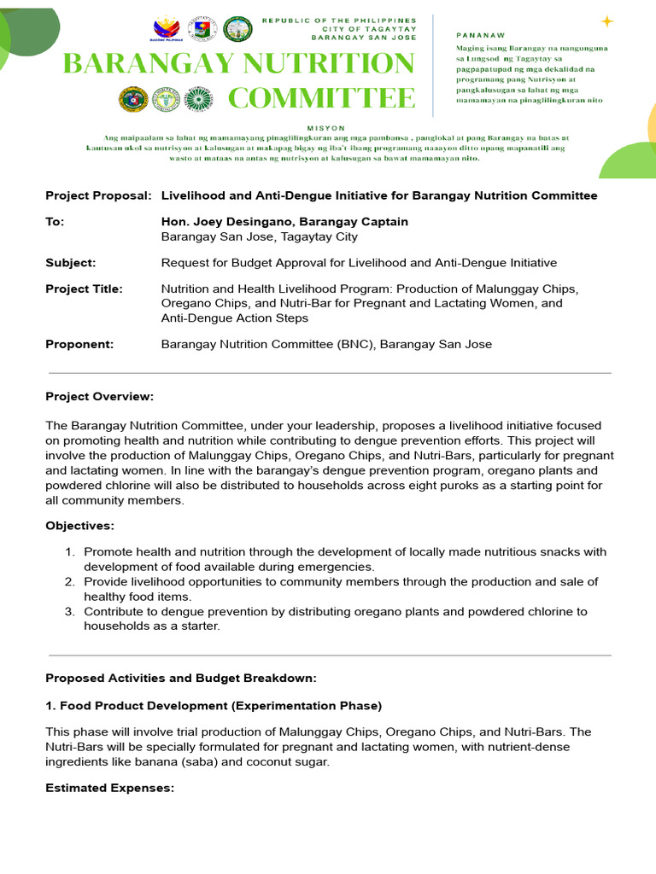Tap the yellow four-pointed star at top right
tap(607, 21)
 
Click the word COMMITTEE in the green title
tap(321, 98)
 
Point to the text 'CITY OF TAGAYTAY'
tap(364, 29)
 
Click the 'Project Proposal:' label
tap(98, 195)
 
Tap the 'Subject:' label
tap(70, 263)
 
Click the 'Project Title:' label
tap(84, 288)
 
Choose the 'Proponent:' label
tap(79, 344)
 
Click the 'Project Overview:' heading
tap(99, 396)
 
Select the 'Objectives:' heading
tap(79, 525)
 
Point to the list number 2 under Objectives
tap(70, 581)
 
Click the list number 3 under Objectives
tap(70, 611)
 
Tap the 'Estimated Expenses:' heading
tap(109, 788)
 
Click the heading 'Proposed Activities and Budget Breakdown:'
tap(180, 678)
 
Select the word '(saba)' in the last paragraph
tap(203, 761)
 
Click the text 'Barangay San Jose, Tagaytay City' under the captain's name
tap(260, 236)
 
